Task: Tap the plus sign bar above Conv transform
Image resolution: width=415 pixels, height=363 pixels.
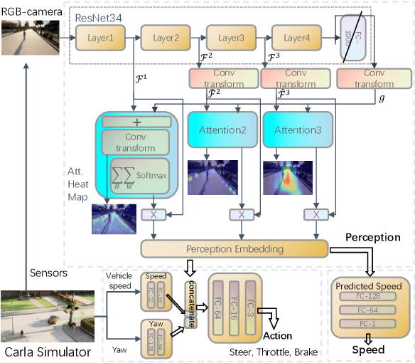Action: pyautogui.click(x=136, y=122)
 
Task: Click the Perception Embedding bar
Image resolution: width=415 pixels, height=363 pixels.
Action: pyautogui.click(x=234, y=248)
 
